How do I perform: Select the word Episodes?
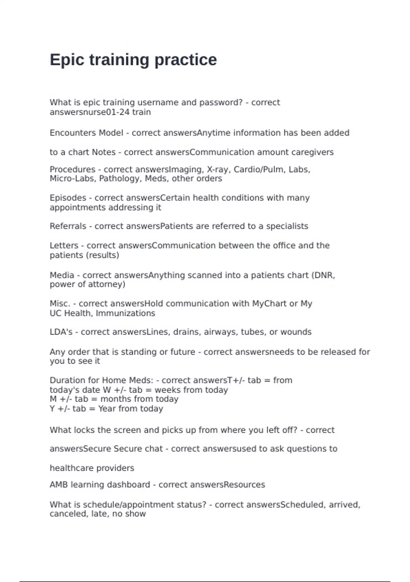click(x=68, y=198)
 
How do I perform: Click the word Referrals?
click(x=68, y=226)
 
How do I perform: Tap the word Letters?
click(x=64, y=245)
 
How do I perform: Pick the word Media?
click(x=62, y=275)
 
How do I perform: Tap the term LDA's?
click(x=61, y=332)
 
